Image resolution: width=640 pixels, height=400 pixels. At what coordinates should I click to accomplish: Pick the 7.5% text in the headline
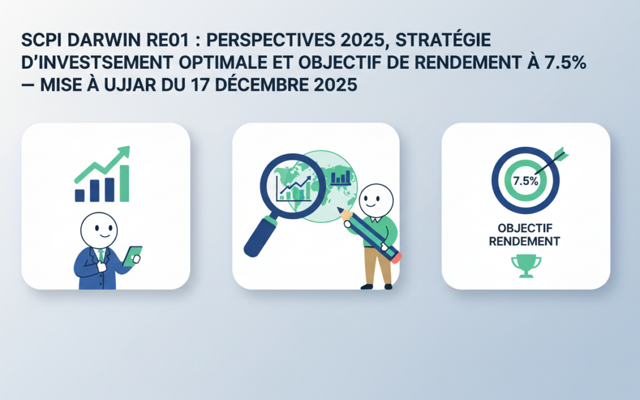(564, 63)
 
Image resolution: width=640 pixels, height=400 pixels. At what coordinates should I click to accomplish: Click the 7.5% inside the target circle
(525, 181)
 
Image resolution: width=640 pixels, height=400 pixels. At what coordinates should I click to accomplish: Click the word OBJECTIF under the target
(526, 229)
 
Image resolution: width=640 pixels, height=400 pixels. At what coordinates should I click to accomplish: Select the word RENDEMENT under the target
(526, 241)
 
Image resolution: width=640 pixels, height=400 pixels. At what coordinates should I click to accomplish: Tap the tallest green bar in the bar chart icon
(124, 183)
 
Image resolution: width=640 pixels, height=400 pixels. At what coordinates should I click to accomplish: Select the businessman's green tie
(101, 256)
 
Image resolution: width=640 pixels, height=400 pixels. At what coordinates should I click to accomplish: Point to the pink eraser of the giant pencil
(395, 257)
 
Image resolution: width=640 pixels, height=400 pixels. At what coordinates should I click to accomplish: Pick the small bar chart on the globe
(341, 177)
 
